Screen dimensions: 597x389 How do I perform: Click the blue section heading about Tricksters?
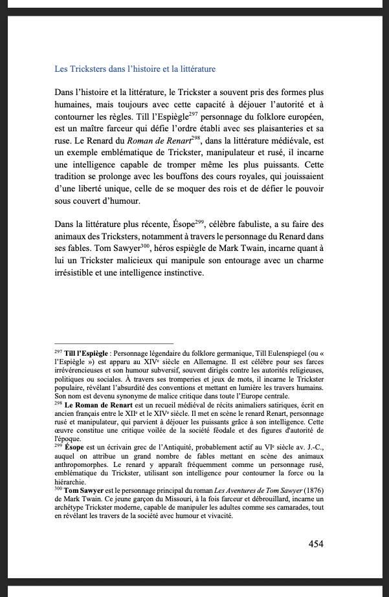135,69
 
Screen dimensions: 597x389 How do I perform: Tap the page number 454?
316,544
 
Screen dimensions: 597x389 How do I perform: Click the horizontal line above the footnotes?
114,343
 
